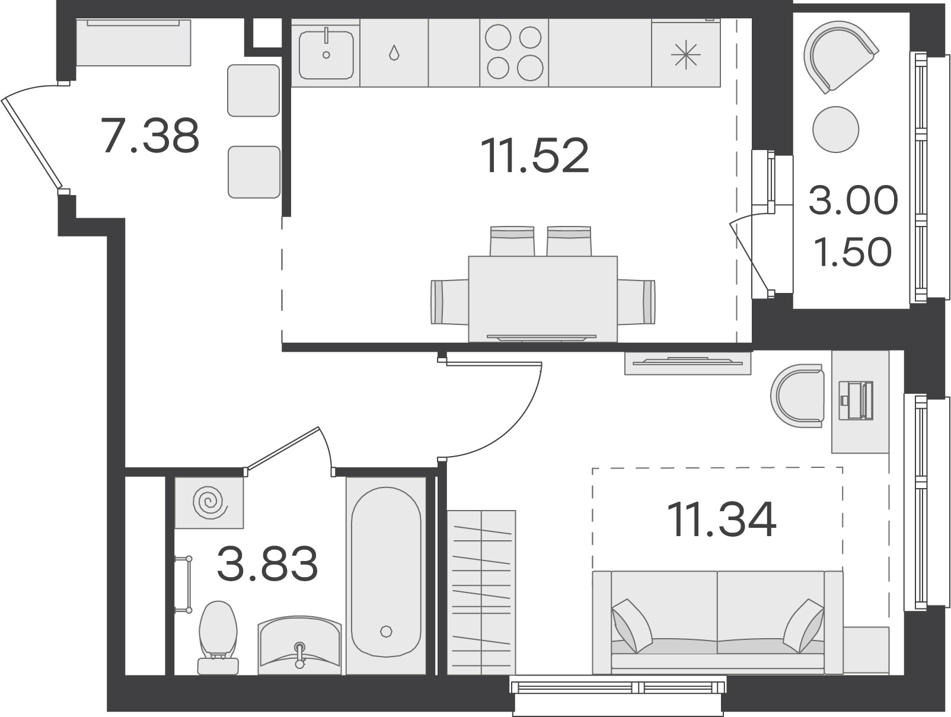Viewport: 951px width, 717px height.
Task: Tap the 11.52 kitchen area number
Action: tap(535, 155)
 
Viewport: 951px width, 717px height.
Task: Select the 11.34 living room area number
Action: tap(722, 520)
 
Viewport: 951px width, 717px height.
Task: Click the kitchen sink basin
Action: tap(326, 55)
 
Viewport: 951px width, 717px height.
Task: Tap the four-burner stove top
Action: tap(514, 53)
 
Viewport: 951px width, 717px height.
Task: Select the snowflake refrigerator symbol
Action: tap(685, 56)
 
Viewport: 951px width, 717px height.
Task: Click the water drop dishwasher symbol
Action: tap(394, 53)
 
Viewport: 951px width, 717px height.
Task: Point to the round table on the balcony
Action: tap(836, 129)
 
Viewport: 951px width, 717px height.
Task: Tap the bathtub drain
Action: tap(385, 631)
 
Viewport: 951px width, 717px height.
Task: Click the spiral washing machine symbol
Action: tap(210, 502)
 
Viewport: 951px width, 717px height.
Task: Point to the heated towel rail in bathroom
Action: tap(184, 585)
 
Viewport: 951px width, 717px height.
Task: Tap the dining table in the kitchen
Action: tap(543, 299)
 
